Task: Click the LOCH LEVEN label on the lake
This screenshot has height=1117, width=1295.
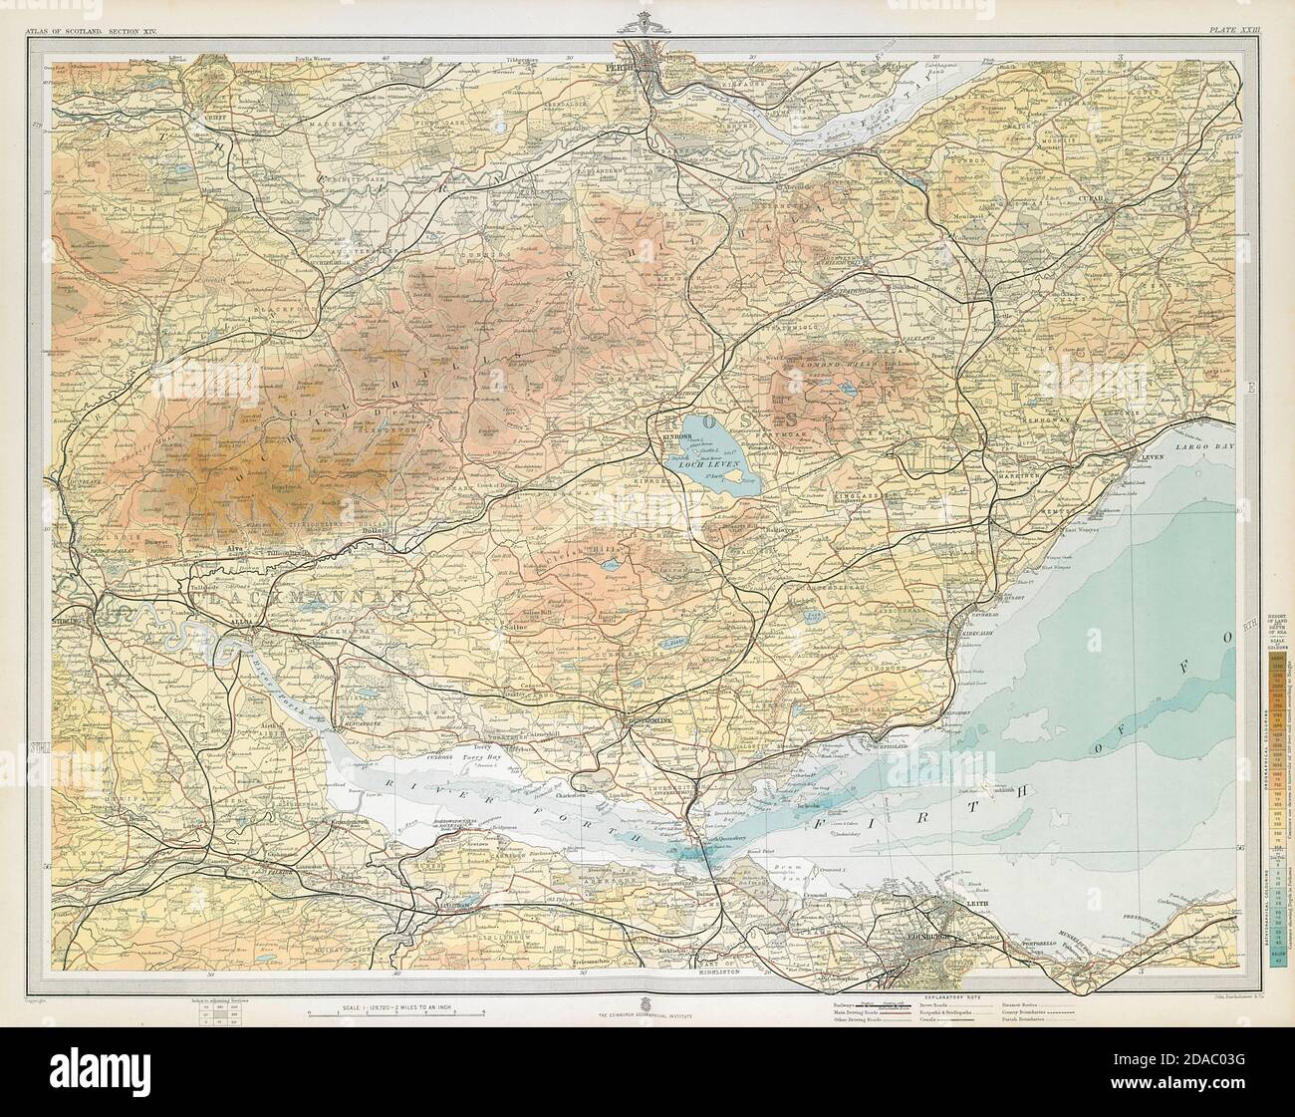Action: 692,463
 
